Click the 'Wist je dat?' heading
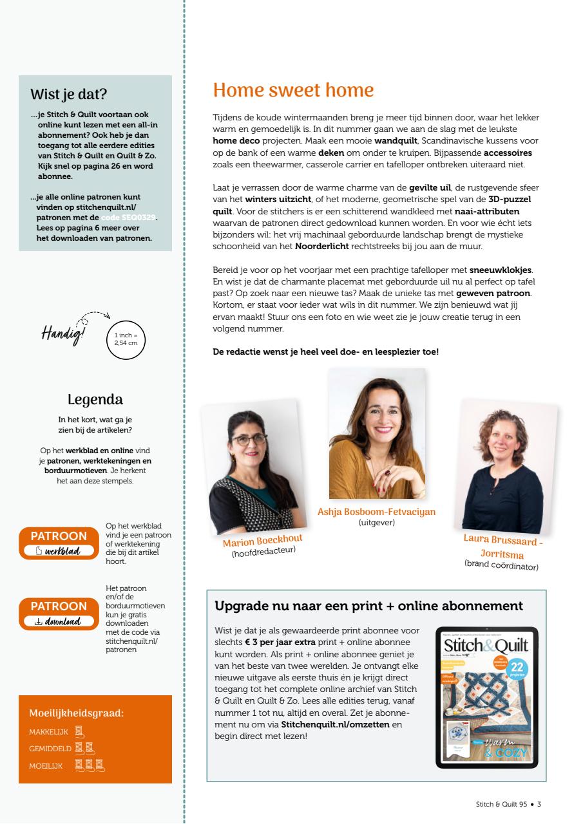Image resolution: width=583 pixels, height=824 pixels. coord(69,95)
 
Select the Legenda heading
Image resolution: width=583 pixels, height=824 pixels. coord(95,400)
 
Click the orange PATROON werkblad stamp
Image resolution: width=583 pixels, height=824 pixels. coord(59,543)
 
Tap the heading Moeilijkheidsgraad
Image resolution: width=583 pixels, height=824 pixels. coord(77,713)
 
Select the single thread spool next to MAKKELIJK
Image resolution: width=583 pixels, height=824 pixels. coord(79,731)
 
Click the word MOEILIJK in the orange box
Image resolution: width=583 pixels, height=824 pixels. coord(46,765)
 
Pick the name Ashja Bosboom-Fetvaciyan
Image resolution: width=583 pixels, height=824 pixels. coord(376,512)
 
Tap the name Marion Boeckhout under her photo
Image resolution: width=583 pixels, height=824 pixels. coord(262,541)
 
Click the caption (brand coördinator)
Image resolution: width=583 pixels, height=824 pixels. coord(501,565)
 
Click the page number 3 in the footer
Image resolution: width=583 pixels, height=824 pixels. coord(539,804)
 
